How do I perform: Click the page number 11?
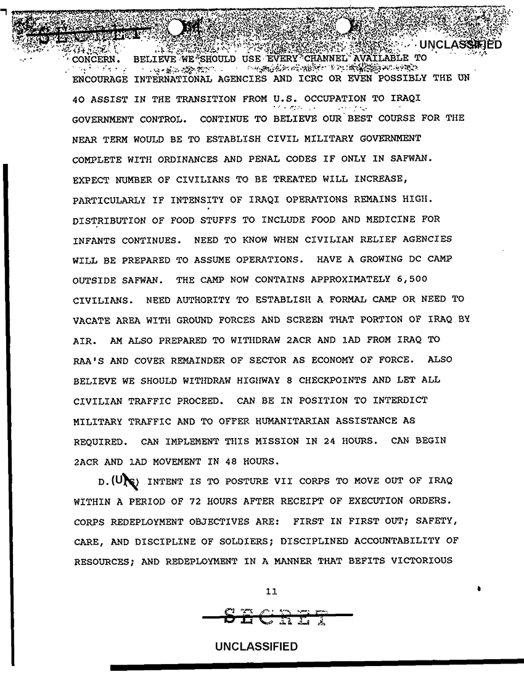coord(269,592)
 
